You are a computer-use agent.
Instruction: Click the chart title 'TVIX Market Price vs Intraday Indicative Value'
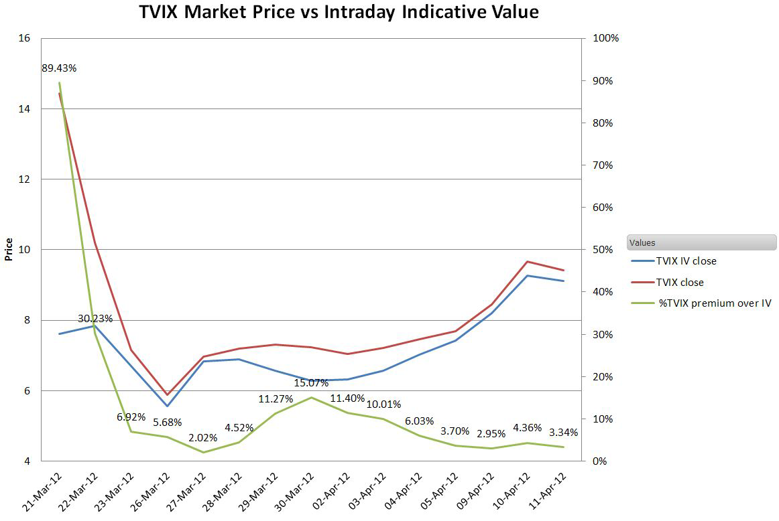coord(339,13)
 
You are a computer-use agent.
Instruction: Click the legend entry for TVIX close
coord(679,283)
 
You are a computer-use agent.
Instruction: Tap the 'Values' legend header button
coord(701,242)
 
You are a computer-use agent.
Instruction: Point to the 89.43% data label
coord(59,68)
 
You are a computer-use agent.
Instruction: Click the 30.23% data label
coord(95,319)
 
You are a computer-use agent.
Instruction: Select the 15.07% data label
coord(311,383)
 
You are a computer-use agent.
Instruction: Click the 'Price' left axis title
coord(9,249)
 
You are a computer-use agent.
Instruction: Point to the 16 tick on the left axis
coord(25,38)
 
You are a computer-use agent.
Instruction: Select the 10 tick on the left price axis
coord(25,250)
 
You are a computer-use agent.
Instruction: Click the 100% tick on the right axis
coord(606,38)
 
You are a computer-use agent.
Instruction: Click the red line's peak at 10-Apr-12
coord(528,262)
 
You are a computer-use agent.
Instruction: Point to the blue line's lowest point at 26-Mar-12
coord(168,406)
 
